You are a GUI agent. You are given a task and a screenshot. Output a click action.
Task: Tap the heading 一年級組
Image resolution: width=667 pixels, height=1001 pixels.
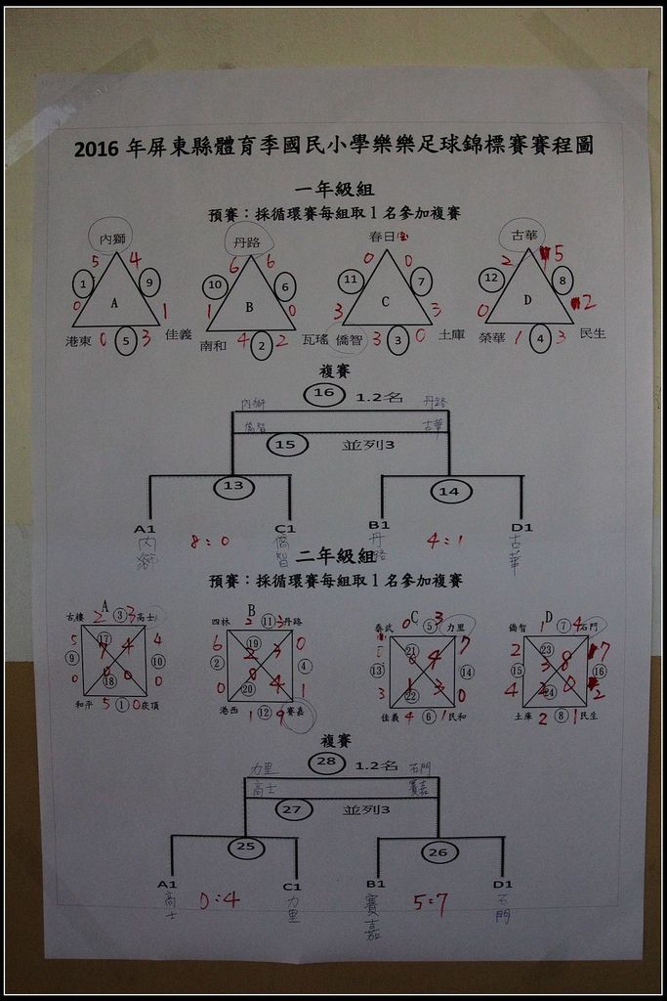[334, 190]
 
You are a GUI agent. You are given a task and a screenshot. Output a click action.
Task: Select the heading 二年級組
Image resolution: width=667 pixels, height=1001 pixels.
[335, 556]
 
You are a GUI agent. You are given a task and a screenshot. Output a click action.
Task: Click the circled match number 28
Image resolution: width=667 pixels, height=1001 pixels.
[325, 762]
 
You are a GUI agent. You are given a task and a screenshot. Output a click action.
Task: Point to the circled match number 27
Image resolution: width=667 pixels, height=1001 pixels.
[291, 809]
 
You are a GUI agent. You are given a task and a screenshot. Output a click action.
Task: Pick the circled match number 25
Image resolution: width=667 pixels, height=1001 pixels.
[246, 848]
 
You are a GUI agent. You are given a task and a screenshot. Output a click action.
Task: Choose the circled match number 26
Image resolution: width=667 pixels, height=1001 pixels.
[439, 853]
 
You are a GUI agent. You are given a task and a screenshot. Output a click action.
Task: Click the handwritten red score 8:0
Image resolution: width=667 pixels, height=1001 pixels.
[210, 540]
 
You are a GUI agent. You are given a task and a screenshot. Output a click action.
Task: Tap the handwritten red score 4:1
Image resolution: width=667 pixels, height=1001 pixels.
[445, 539]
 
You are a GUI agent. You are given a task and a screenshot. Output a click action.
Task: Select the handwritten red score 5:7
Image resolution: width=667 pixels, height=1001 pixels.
[430, 904]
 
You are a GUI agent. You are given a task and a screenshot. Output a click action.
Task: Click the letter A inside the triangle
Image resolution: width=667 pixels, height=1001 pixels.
[114, 303]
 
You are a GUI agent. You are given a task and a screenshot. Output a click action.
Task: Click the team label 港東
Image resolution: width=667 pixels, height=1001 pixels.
[78, 341]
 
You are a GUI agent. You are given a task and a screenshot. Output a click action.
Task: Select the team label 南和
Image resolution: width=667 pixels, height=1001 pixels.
[212, 345]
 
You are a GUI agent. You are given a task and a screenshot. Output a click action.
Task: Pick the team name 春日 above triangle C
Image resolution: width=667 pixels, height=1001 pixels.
[383, 236]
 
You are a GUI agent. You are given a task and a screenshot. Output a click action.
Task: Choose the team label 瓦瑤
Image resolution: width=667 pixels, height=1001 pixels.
[315, 339]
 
